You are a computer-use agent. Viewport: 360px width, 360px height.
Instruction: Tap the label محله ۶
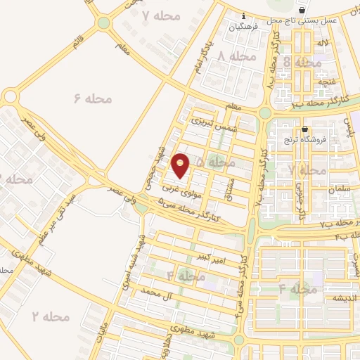(93, 99)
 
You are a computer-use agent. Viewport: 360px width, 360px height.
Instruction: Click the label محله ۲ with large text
(51, 316)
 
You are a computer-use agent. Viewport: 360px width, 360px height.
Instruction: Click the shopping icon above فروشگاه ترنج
(304, 129)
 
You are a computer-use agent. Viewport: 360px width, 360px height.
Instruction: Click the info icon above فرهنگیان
(243, 15)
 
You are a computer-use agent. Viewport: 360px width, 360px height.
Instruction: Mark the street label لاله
(323, 44)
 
